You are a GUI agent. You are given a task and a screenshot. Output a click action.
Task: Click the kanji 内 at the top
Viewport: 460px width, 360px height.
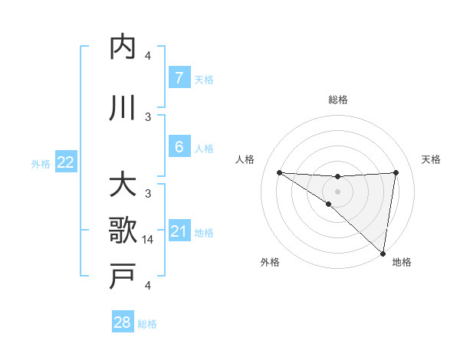(123, 48)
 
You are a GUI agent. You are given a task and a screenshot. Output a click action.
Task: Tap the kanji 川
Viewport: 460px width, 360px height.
(123, 109)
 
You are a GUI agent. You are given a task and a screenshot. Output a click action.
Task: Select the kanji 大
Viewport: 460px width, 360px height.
(123, 186)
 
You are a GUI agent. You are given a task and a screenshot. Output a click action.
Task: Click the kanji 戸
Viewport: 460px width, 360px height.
(123, 276)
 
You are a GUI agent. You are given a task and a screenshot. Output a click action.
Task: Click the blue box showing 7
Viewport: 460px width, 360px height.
(179, 77)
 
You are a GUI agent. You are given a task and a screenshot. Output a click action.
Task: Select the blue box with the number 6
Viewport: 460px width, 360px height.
(179, 146)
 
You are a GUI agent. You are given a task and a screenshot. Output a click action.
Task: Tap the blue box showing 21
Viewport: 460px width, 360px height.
(179, 231)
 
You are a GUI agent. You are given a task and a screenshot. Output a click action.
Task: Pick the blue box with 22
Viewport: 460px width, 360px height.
(65, 162)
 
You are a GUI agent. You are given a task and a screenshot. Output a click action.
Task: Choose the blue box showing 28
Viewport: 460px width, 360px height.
(122, 322)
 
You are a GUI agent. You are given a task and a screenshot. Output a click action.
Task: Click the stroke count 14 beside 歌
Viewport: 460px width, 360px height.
(148, 240)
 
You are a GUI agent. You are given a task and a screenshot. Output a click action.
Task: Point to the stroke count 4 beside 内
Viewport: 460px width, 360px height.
(148, 56)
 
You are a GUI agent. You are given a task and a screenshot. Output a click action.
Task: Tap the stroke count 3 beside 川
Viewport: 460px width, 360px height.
(148, 116)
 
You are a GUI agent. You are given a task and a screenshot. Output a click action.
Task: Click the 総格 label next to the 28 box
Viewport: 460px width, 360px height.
(147, 324)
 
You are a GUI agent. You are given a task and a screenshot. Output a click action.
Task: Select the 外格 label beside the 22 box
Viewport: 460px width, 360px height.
(41, 163)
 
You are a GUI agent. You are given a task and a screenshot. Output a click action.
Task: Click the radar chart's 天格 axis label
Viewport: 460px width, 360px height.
(432, 159)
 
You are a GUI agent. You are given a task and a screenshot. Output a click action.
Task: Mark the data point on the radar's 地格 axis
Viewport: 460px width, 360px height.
(383, 253)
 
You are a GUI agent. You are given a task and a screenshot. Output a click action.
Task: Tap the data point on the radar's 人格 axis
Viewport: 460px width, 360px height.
(279, 172)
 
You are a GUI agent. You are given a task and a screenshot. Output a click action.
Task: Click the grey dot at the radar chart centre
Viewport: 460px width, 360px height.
(337, 189)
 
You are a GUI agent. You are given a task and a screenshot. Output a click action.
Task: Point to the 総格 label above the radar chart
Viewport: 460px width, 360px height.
(337, 100)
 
